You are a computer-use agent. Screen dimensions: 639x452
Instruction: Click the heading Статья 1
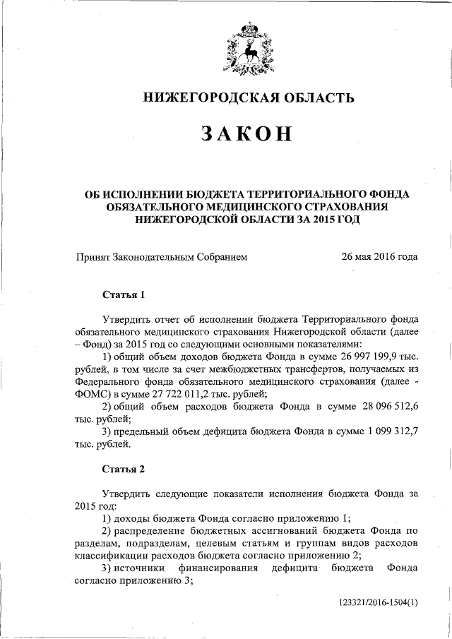click(124, 293)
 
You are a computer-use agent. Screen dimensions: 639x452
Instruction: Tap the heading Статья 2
click(124, 469)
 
